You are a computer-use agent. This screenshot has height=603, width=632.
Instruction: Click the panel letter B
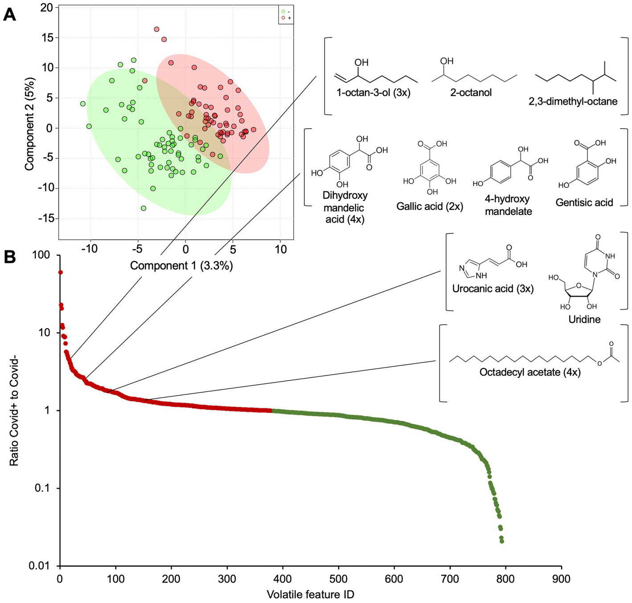[9, 257]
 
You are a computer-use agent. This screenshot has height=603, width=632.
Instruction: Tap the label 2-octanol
[471, 93]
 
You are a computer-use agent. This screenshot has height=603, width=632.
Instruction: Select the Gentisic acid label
[584, 203]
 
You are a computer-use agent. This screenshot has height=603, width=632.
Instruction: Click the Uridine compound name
[584, 319]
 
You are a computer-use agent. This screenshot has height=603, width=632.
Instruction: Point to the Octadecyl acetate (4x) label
[529, 372]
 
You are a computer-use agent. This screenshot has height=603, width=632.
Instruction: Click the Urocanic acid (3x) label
[492, 289]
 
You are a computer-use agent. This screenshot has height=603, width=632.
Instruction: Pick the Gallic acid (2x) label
[430, 206]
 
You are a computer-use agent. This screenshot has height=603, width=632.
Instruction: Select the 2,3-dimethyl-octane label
[573, 102]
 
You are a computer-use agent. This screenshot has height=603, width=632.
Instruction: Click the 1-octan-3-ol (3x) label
[373, 93]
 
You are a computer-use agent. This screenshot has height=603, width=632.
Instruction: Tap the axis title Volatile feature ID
[310, 594]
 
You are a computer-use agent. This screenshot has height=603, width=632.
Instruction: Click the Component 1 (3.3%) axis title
[181, 266]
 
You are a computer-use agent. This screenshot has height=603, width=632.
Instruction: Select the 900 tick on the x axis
[561, 579]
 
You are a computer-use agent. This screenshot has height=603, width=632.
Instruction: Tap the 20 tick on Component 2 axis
[46, 8]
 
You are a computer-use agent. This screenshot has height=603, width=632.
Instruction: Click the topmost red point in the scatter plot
[156, 29]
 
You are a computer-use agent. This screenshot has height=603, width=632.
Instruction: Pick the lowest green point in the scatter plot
[144, 208]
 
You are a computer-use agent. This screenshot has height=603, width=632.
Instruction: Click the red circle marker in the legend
[283, 18]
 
